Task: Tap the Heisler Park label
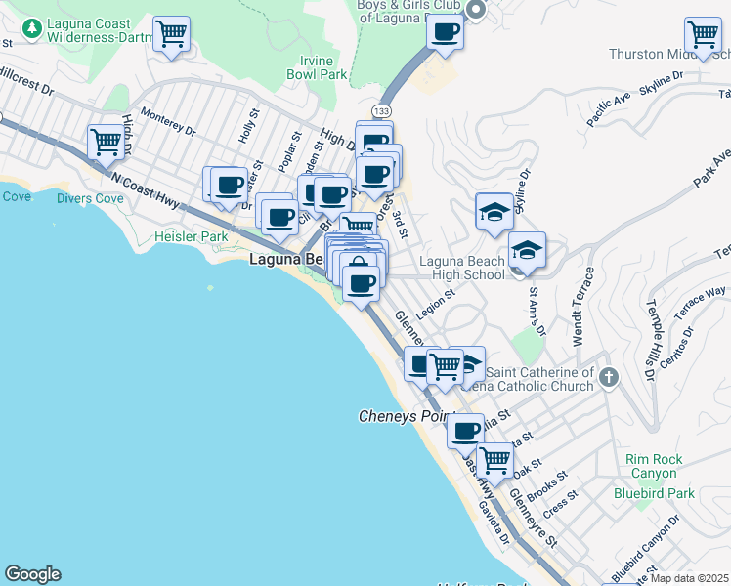click(x=191, y=237)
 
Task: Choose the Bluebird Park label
click(x=660, y=493)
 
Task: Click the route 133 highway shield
click(x=381, y=112)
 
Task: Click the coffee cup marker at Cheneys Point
click(x=466, y=429)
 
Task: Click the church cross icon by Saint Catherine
click(x=608, y=377)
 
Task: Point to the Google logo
click(x=32, y=574)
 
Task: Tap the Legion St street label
click(x=436, y=305)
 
